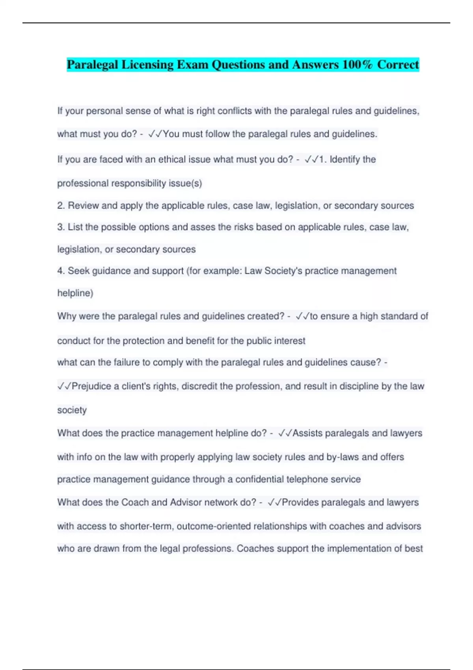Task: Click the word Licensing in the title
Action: point(147,65)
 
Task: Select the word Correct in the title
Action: point(398,65)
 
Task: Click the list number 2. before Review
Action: point(61,206)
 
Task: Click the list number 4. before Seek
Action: point(61,271)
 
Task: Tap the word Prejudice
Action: point(91,386)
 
